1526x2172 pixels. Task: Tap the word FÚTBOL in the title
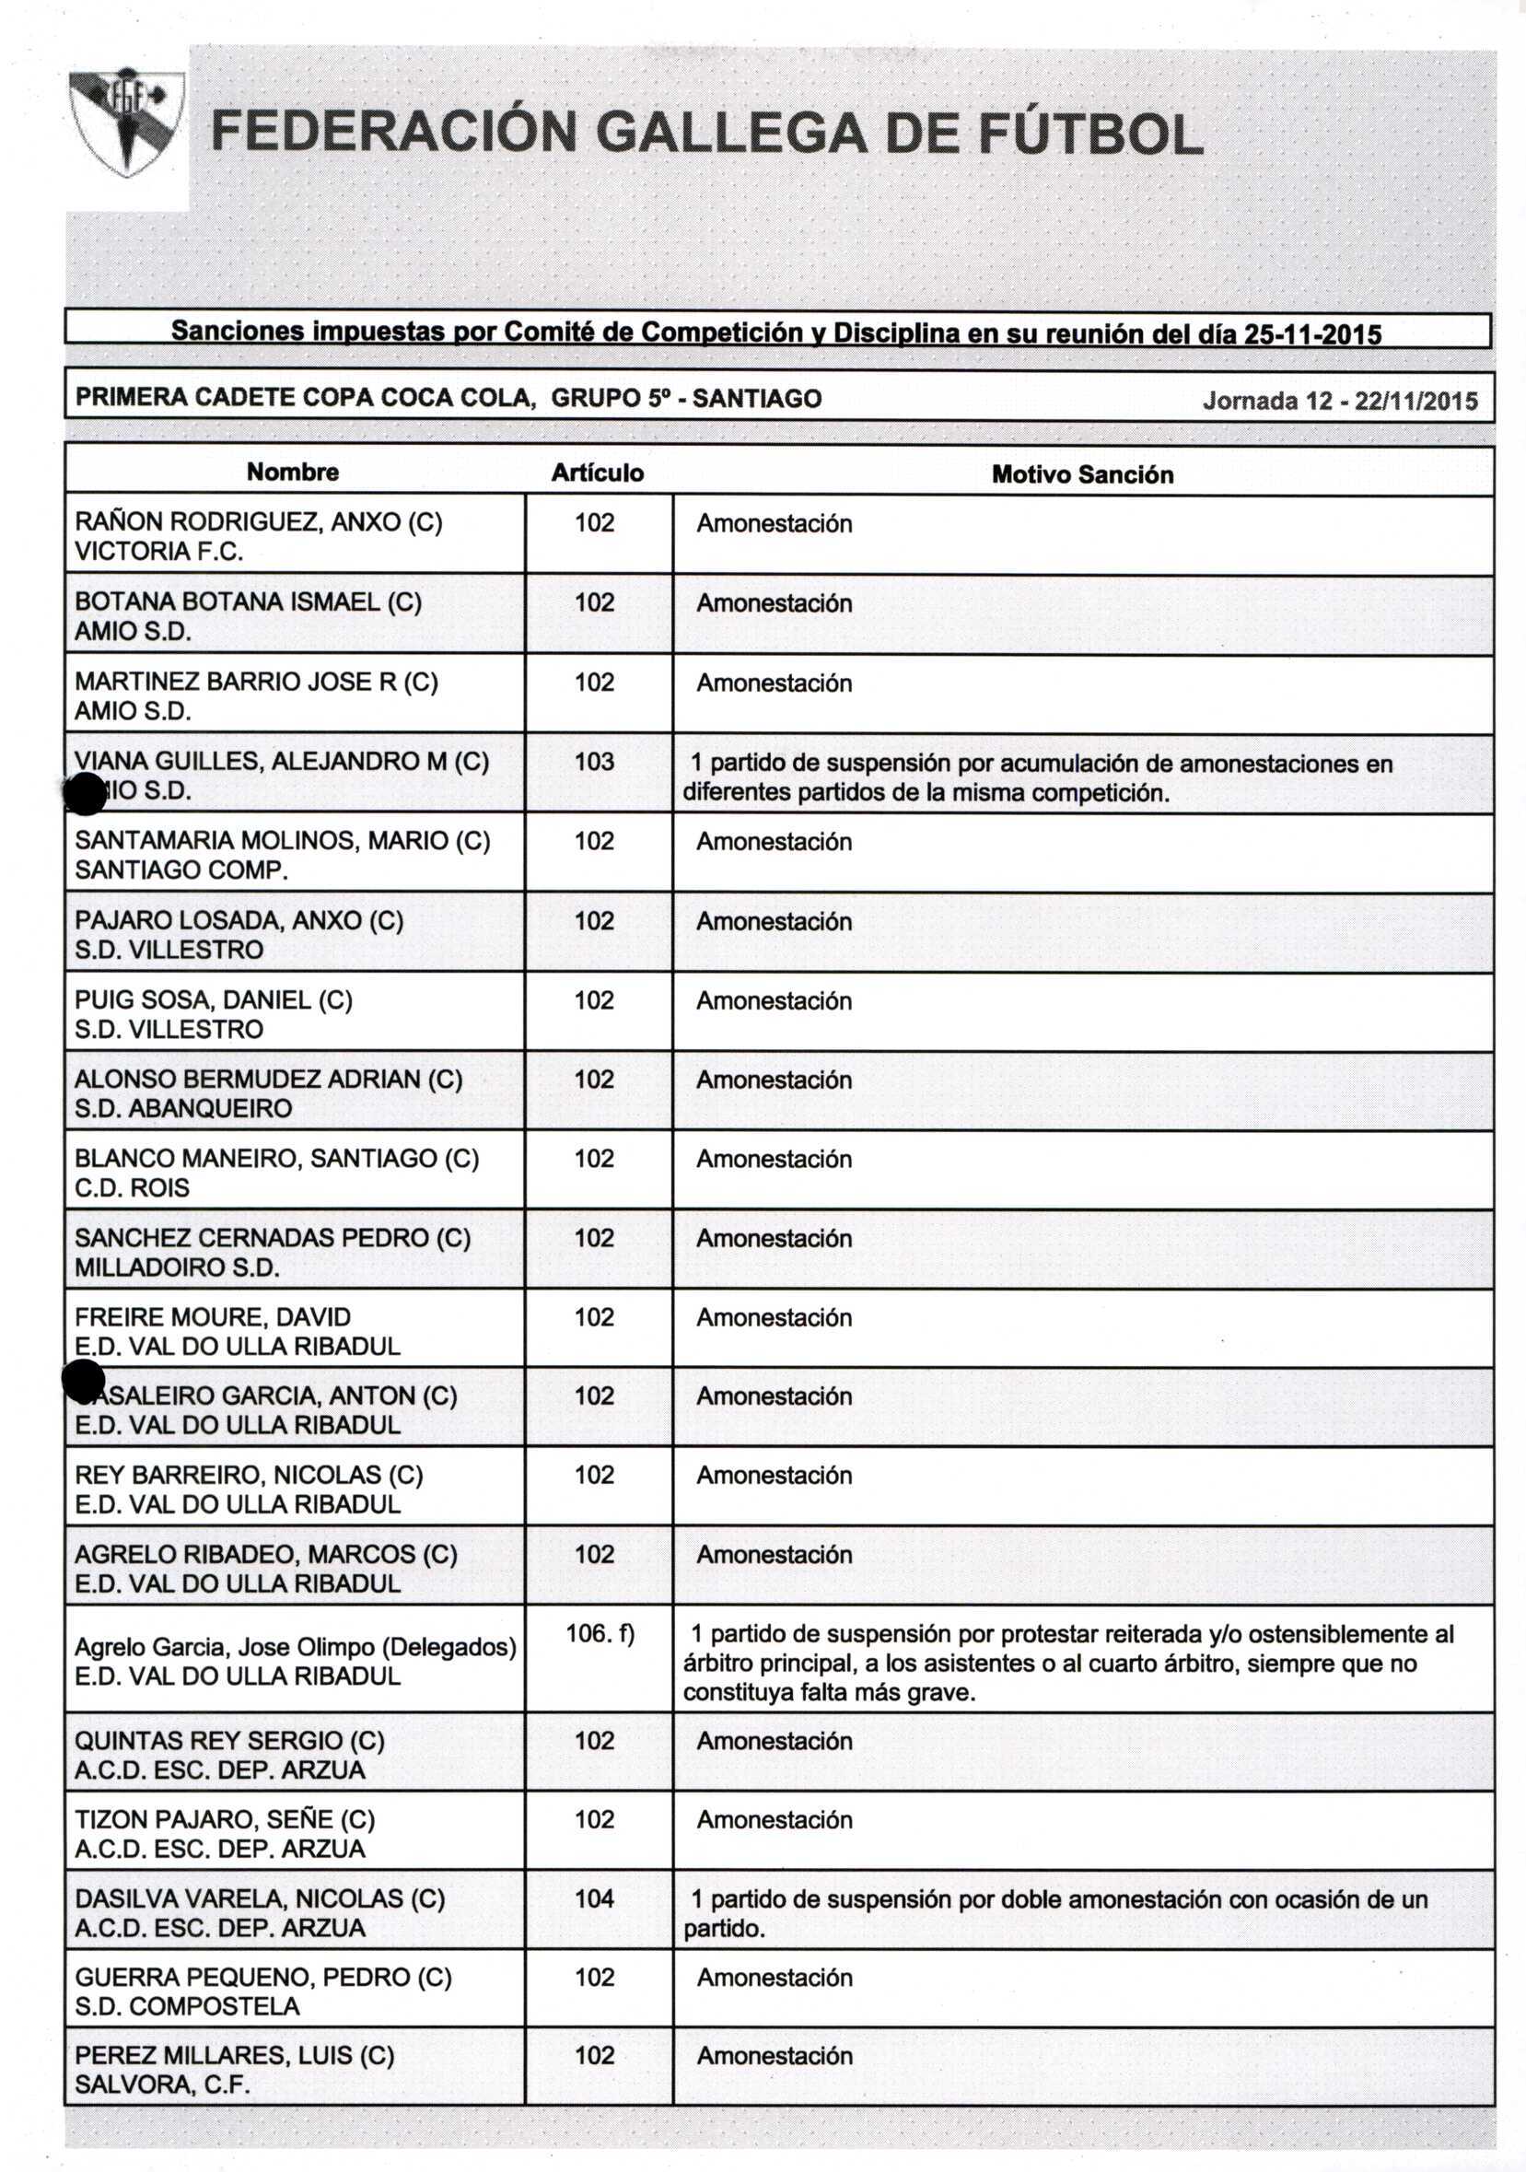(x=1089, y=134)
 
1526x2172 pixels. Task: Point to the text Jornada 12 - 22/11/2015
(x=1340, y=401)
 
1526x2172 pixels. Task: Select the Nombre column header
(x=292, y=472)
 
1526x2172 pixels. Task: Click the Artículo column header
(x=597, y=473)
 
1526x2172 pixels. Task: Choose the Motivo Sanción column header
(x=1081, y=475)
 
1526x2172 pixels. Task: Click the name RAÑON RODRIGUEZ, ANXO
(x=240, y=522)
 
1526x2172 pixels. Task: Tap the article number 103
(x=594, y=762)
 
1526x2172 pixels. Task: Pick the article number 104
(x=594, y=1898)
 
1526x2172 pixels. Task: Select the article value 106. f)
(x=600, y=1633)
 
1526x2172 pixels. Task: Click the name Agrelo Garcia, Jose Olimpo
(x=225, y=1647)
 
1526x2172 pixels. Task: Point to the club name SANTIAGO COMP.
(x=181, y=870)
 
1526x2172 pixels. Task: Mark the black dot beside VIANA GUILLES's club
(x=85, y=793)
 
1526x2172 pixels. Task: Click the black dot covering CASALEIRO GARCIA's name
(x=83, y=1382)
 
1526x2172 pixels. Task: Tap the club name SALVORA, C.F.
(x=162, y=2085)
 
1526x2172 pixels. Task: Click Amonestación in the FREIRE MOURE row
(x=774, y=1318)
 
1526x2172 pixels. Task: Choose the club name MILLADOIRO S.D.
(x=177, y=1267)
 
